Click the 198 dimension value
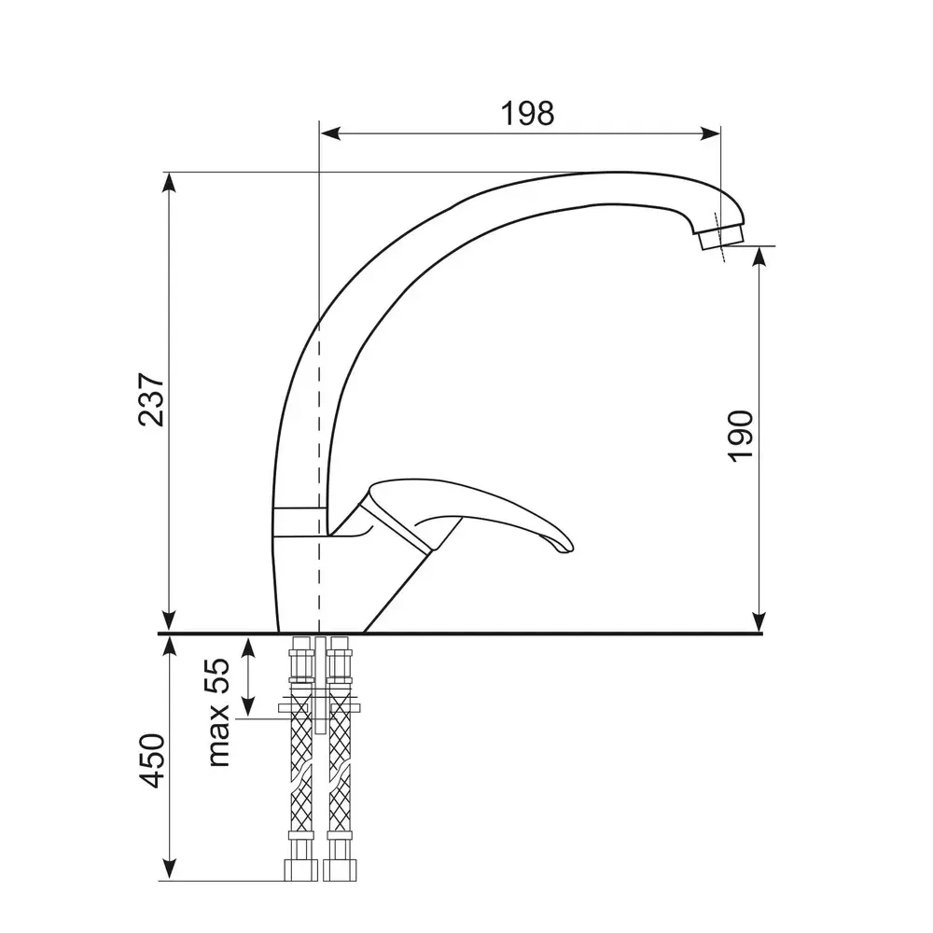[x=527, y=113]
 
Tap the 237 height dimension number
[x=151, y=399]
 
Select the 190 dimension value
[x=741, y=436]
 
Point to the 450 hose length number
[x=151, y=760]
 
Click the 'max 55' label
[x=218, y=712]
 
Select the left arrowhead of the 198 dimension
[x=330, y=133]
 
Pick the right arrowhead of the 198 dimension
[x=710, y=133]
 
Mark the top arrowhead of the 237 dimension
[x=170, y=183]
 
